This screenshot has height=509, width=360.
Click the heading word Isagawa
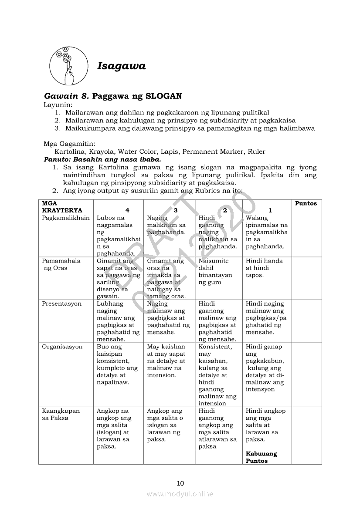coord(121,66)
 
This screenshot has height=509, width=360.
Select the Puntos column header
coord(306,203)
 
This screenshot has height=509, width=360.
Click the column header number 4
coord(127,210)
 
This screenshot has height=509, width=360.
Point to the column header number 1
coord(270,210)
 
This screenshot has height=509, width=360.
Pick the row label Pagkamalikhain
coord(66,218)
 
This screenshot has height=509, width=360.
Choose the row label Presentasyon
coord(62,303)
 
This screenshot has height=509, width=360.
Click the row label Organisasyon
coord(62,347)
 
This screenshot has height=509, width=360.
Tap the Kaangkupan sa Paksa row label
coord(61,414)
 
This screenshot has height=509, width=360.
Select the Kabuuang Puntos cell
coord(261,457)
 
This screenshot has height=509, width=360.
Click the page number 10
coord(180,483)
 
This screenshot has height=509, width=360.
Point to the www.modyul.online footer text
coord(180,494)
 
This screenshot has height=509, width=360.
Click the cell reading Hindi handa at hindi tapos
coord(264,268)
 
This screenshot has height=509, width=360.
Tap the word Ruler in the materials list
coord(256,152)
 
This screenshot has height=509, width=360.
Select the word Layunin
coord(58,104)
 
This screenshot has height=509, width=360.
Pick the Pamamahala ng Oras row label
coord(61,264)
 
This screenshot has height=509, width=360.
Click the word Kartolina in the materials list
coord(71,152)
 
